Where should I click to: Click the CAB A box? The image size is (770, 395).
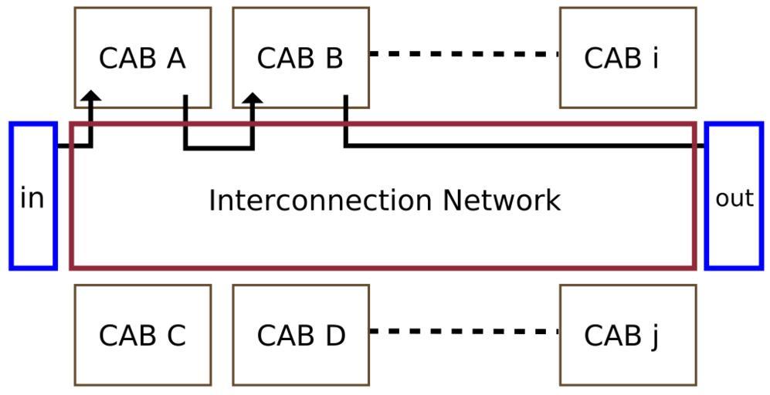click(x=143, y=31)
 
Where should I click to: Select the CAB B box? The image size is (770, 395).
click(x=300, y=31)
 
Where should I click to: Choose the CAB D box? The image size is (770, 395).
click(x=300, y=363)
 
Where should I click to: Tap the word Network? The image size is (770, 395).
click(x=501, y=200)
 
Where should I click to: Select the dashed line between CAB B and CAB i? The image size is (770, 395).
click(x=463, y=55)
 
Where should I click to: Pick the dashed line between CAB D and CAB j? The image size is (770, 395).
click(x=463, y=332)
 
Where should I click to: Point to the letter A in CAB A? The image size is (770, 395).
click(x=175, y=58)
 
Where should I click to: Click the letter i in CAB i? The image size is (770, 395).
click(x=655, y=58)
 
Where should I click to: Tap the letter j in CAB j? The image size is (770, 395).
click(x=654, y=336)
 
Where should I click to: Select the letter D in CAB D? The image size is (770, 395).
click(x=334, y=336)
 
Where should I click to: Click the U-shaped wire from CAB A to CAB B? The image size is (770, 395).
click(x=219, y=148)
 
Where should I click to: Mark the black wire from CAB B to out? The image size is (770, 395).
click(x=525, y=145)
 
